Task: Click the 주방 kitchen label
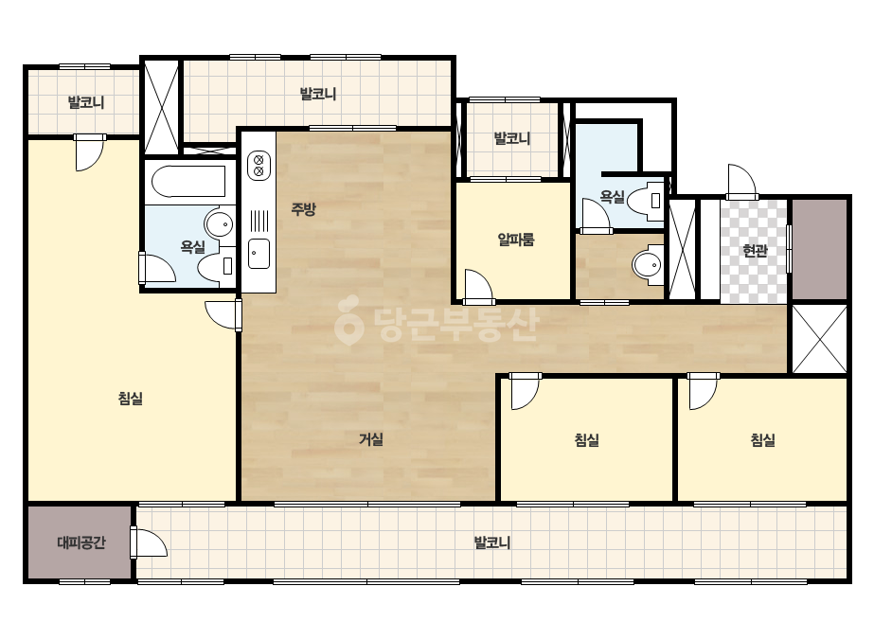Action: tap(303, 209)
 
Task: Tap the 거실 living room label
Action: tap(370, 439)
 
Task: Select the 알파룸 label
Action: tap(515, 240)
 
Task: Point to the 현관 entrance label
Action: tap(755, 251)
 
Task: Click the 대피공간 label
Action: tap(81, 542)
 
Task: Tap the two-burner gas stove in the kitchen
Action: tap(259, 165)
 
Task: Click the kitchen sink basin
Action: tap(259, 253)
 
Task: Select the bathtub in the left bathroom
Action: tap(188, 181)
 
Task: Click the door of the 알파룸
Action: tap(478, 288)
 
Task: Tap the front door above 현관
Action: tap(741, 182)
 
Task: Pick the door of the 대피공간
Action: tap(149, 542)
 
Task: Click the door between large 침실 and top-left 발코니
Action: tap(89, 152)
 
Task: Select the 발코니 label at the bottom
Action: tap(492, 542)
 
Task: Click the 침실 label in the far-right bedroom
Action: tap(762, 440)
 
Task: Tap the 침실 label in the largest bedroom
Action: tap(131, 398)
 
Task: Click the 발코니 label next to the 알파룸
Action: tap(511, 138)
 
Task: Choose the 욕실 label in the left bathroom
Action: tap(193, 246)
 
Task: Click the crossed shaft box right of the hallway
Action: tap(819, 339)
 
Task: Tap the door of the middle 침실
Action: tap(526, 391)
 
